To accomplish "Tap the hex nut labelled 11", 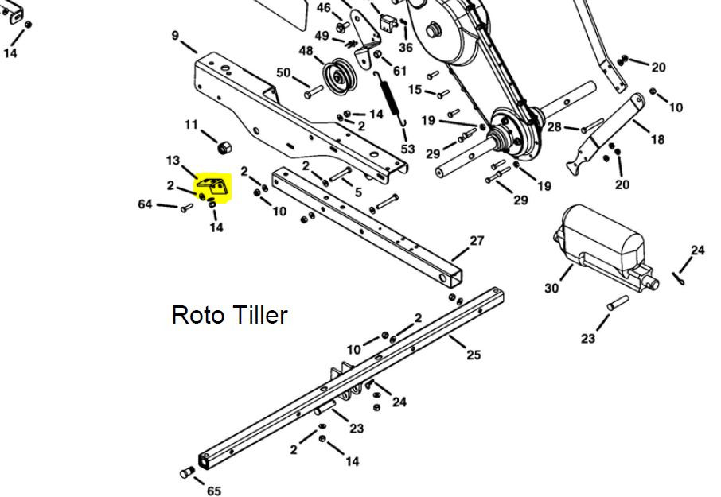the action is pos(224,147).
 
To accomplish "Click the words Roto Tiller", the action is pos(229,315).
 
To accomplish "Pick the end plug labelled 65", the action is pos(187,472).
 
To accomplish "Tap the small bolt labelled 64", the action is pos(187,208).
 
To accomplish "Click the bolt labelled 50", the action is pos(314,92).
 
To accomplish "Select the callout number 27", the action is pos(477,241).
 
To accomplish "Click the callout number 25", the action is pos(474,355).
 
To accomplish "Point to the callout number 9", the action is pos(175,35).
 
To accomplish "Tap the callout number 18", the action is pos(657,138).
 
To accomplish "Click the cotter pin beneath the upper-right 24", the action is pos(679,278).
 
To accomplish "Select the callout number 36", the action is pos(406,47).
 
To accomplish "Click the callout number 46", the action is pos(324,8).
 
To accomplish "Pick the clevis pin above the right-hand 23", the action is pos(618,303).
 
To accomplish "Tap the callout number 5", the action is pos(358,192).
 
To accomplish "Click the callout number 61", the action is pos(399,71).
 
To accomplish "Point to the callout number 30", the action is pos(551,288).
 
